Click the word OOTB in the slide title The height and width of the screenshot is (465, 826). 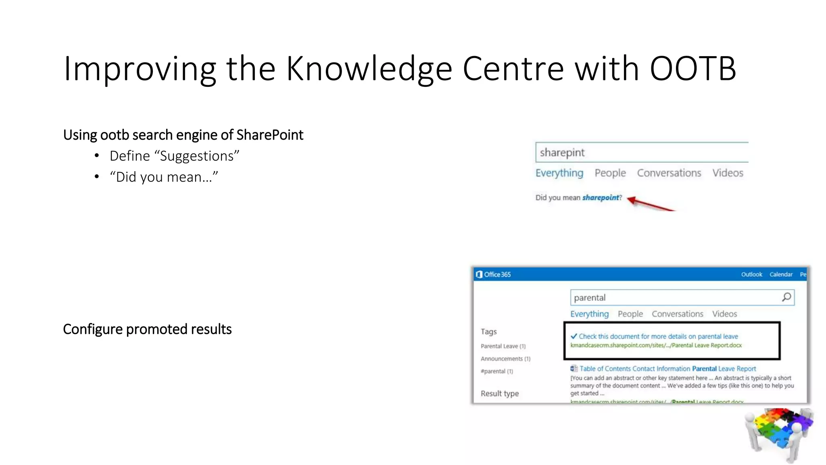pyautogui.click(x=693, y=69)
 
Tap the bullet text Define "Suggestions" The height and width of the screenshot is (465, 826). pyautogui.click(x=174, y=156)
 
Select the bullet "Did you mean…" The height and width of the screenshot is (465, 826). pyautogui.click(x=164, y=177)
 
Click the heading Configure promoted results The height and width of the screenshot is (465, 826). pyautogui.click(x=147, y=329)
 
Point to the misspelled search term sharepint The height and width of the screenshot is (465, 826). pyautogui.click(x=562, y=153)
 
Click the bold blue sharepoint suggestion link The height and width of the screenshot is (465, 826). pyautogui.click(x=600, y=197)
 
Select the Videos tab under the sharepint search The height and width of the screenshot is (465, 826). pyautogui.click(x=728, y=173)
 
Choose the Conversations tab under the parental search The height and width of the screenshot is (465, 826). pyautogui.click(x=677, y=314)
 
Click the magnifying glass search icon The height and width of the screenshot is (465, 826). pyautogui.click(x=786, y=297)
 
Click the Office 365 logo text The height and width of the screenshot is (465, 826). pyautogui.click(x=493, y=274)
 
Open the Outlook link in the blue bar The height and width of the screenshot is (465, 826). pyautogui.click(x=751, y=274)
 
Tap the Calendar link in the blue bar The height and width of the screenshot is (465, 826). pyautogui.click(x=781, y=274)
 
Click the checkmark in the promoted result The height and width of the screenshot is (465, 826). pyautogui.click(x=574, y=336)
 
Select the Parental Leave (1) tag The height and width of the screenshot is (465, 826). pyautogui.click(x=503, y=346)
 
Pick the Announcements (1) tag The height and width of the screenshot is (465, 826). pyautogui.click(x=505, y=359)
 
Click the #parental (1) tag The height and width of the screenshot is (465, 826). pyautogui.click(x=496, y=371)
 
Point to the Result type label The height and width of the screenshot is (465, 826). pyautogui.click(x=499, y=394)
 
